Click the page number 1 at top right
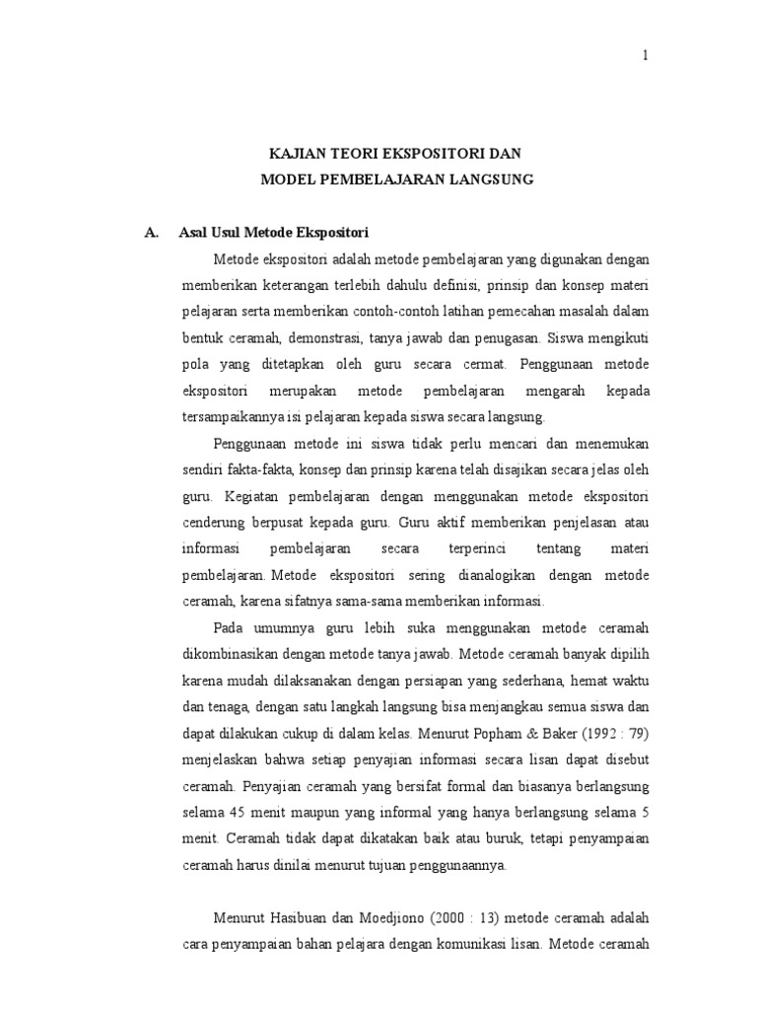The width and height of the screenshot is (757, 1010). [646, 56]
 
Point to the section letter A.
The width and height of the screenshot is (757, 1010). [151, 233]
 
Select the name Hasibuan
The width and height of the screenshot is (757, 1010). [292, 916]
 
